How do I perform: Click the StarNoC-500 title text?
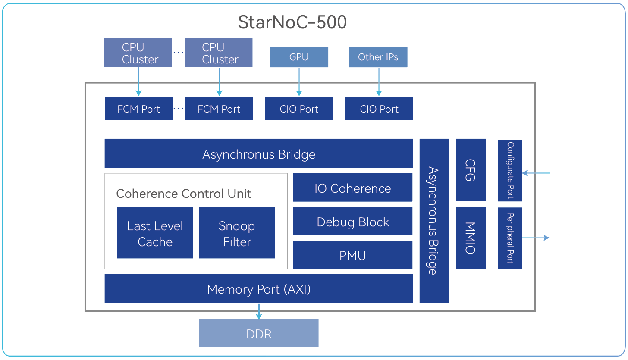pos(292,22)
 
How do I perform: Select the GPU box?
pos(298,57)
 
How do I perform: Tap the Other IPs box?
pos(378,57)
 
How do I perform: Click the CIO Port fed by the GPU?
pos(298,109)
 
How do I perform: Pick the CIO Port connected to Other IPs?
pos(379,109)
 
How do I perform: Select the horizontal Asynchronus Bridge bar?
pos(258,153)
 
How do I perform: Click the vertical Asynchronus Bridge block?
pos(434,220)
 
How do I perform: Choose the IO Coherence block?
pos(352,188)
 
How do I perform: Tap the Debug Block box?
pos(352,222)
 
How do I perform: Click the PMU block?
pos(352,255)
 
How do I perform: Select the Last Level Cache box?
pos(155,233)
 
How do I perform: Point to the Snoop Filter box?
pos(236,233)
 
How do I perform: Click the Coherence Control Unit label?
pos(184,194)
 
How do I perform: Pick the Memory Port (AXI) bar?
pos(258,288)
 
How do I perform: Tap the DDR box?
pos(258,333)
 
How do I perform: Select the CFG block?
pos(471,170)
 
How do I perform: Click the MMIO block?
pos(471,238)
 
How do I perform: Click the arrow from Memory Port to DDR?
pos(259,311)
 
